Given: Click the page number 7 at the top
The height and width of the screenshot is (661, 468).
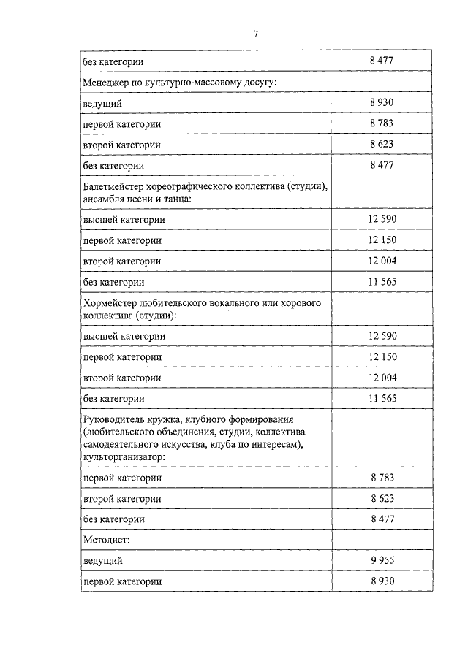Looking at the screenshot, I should point(257,34).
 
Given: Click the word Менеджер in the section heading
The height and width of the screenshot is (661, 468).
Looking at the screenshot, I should point(106,83).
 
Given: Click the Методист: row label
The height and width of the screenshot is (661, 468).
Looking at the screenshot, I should point(107,539).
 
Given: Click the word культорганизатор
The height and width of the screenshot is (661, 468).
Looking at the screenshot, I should point(122,456).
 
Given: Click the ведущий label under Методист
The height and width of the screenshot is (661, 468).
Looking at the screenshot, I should point(102,560).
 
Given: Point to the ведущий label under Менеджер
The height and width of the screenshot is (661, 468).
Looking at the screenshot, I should point(102,104).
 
